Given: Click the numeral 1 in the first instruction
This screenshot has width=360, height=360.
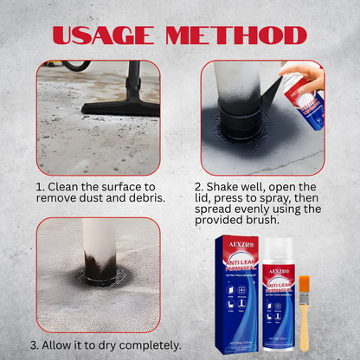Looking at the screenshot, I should tap(40, 187).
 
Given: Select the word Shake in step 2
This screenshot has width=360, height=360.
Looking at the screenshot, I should tap(228, 187).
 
